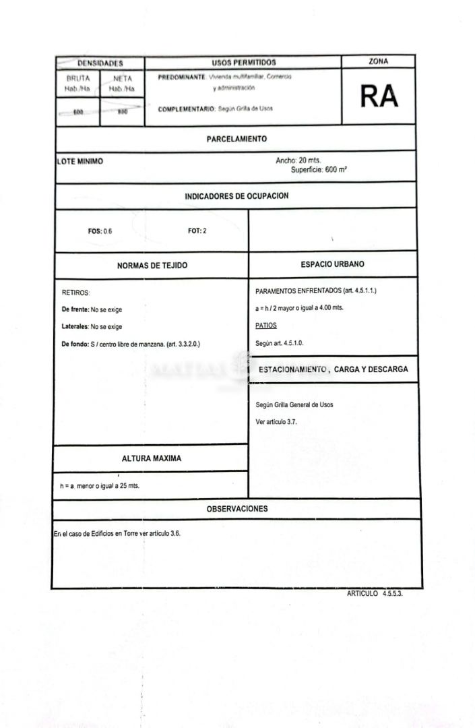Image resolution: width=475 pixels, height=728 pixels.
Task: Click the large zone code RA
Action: pos(379,97)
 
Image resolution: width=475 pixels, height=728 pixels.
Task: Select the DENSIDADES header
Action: pos(100,63)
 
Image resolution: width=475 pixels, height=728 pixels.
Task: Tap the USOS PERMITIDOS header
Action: pos(243,62)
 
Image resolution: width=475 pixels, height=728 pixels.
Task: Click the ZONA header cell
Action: pos(379,61)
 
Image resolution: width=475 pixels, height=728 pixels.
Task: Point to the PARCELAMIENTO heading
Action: pos(236,139)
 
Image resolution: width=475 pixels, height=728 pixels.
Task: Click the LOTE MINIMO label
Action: pos(80,162)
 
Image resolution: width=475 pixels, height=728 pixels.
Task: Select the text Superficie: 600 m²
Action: pos(319,170)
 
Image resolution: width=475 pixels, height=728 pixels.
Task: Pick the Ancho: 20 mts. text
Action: pos(298,160)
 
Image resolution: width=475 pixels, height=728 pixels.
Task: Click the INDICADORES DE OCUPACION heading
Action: pos(236,196)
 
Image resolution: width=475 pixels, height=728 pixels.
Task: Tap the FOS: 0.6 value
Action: pos(100,231)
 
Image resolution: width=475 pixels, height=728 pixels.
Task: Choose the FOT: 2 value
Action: pos(197,231)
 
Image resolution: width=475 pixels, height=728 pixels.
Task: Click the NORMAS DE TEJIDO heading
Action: pos(152,266)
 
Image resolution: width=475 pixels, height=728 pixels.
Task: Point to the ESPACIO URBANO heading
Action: pos(332,264)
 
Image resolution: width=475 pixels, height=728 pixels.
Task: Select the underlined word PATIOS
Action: pos(266,325)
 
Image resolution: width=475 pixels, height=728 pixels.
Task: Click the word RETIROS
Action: pos(76,293)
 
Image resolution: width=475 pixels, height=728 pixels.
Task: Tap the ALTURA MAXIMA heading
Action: pos(152,458)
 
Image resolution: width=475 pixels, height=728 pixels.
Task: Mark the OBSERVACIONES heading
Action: pos(237,509)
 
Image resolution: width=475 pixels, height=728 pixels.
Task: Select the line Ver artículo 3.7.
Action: pos(276,421)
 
